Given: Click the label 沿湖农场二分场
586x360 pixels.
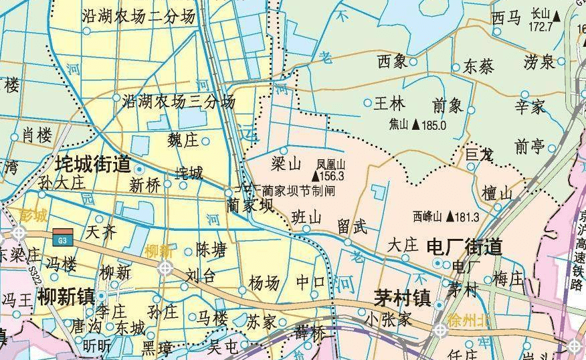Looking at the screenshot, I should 138,17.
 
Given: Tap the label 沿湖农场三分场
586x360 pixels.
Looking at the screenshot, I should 179,102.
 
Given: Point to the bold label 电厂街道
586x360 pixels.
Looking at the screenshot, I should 464,248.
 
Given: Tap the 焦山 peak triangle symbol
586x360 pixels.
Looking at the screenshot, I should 415,124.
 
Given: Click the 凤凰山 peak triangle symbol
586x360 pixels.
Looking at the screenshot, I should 324,177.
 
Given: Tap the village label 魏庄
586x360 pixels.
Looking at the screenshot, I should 183,141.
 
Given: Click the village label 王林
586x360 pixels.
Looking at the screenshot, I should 389,104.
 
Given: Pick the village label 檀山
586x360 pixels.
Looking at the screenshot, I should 497,193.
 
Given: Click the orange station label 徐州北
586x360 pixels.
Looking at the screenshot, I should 470,319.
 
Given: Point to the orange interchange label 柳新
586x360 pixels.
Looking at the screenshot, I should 159,252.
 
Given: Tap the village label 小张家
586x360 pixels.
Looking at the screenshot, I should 387,320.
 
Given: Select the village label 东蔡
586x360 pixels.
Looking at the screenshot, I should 478,67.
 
